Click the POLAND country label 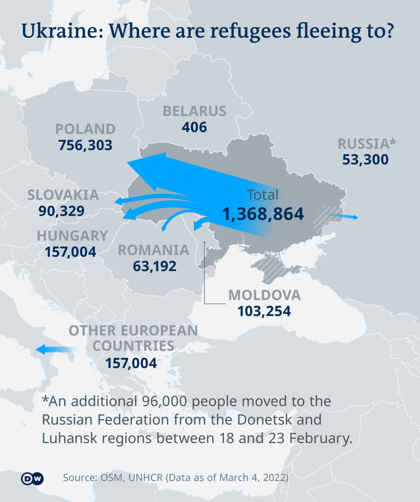(85, 129)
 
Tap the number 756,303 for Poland (85, 145)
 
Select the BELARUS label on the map (195, 111)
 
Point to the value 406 (195, 127)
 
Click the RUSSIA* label (367, 144)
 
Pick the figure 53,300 (365, 160)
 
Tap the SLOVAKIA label (63, 195)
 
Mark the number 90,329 (62, 211)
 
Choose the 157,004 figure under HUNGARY (71, 252)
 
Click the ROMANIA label (154, 250)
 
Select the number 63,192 (154, 266)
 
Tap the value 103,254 (264, 311)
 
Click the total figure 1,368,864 (263, 214)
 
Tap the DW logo (32, 479)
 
